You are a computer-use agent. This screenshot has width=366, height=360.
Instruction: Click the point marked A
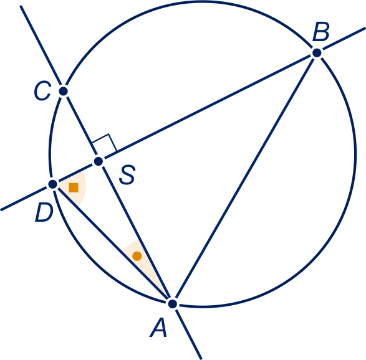[x=173, y=304]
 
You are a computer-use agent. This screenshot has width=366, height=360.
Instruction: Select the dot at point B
[x=317, y=53]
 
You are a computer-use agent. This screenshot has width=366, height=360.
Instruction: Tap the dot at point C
[x=63, y=91]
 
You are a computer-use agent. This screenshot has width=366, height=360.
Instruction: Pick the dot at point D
[x=53, y=184]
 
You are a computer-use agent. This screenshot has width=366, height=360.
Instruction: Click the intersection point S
[x=99, y=161]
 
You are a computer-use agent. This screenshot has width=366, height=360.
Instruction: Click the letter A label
[x=158, y=328]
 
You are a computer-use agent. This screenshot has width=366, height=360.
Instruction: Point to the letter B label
[x=321, y=32]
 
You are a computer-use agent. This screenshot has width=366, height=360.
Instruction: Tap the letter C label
[x=42, y=91]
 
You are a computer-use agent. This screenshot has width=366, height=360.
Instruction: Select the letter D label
[x=44, y=212]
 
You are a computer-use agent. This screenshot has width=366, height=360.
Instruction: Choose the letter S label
[x=127, y=174]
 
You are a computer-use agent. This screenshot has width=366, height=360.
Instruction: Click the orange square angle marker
[x=74, y=187]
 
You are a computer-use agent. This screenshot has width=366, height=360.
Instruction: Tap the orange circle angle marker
[x=137, y=256]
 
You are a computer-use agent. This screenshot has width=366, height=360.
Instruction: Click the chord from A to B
[x=244, y=178]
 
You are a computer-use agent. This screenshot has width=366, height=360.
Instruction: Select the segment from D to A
[x=113, y=244]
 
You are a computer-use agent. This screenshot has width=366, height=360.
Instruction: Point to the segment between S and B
[x=208, y=107]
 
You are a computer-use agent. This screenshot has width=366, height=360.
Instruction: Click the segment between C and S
[x=81, y=126]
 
